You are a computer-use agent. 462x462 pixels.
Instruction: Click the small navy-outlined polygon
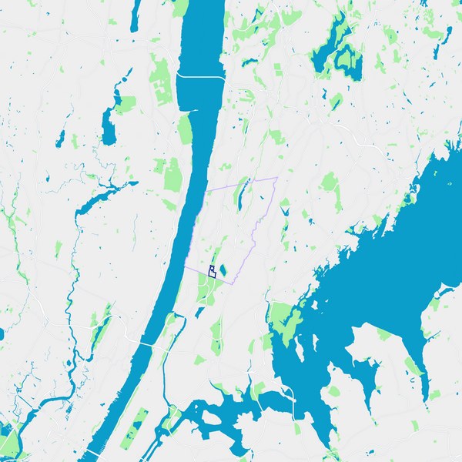pyautogui.click(x=211, y=270)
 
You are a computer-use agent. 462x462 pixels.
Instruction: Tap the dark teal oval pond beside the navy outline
pyautogui.click(x=223, y=270)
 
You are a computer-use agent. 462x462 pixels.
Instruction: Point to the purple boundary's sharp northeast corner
pyautogui.click(x=276, y=178)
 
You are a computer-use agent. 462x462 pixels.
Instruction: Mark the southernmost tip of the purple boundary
pyautogui.click(x=231, y=283)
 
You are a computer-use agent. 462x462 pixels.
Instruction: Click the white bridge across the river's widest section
pyautogui.click(x=200, y=76)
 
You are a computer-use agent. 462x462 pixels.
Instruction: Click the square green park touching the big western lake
pyautogui.click(x=123, y=105)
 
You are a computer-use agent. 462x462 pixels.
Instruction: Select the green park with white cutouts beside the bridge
pyautogui.click(x=162, y=85)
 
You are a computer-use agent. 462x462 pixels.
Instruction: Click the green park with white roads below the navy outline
pyautogui.click(x=206, y=289)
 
